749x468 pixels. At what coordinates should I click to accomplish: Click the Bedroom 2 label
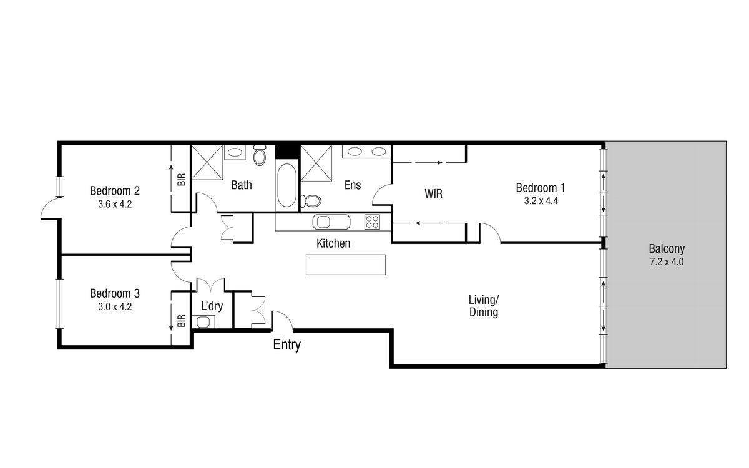[x=115, y=191]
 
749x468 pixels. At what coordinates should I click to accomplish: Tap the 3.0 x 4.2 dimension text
[x=115, y=306]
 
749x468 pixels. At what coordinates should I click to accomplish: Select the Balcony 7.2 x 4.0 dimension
[x=667, y=261]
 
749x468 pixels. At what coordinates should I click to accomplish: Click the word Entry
[x=287, y=345]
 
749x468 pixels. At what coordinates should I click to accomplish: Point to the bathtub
[x=286, y=185]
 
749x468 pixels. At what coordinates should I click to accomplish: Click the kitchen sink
[x=331, y=222]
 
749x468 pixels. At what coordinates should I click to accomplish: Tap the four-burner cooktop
[x=372, y=222]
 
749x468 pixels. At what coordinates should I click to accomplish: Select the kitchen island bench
[x=346, y=265]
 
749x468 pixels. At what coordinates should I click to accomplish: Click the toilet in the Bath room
[x=260, y=155]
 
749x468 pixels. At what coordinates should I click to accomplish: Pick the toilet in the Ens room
[x=311, y=201]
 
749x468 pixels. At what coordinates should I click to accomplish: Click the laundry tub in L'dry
[x=203, y=322]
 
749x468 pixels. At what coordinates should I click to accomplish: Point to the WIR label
[x=433, y=193]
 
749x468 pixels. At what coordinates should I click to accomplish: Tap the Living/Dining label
[x=484, y=306]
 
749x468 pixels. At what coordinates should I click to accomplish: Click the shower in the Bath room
[x=207, y=162]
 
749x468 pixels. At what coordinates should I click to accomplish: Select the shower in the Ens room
[x=316, y=162]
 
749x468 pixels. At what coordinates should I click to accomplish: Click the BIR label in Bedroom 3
[x=181, y=321]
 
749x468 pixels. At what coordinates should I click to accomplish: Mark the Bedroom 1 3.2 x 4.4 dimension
[x=541, y=201]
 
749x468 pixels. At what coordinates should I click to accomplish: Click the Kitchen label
[x=333, y=243]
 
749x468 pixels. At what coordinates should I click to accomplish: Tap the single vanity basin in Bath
[x=235, y=152]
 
